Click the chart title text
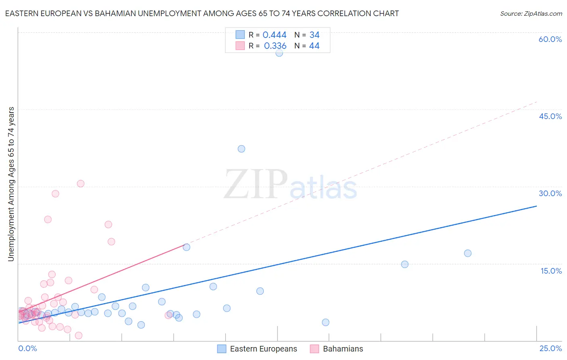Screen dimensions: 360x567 [x=202, y=13]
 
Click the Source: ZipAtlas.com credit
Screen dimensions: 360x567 [x=531, y=14]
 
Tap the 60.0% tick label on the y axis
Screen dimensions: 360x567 [x=550, y=39]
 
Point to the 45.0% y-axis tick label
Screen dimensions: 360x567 [x=550, y=116]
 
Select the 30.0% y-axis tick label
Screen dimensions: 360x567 [x=550, y=193]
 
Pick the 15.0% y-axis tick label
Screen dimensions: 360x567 [x=551, y=271]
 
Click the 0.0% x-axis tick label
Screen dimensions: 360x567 [x=27, y=348]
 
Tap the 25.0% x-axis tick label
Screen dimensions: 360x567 [x=550, y=348]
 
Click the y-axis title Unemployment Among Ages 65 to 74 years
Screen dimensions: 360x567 [x=11, y=184]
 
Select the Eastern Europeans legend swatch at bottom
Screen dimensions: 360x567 [x=222, y=349]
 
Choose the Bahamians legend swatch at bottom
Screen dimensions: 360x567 [x=315, y=349]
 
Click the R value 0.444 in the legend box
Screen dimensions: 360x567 [x=274, y=35]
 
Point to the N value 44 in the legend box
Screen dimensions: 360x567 [x=314, y=46]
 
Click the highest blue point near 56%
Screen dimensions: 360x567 [x=279, y=52]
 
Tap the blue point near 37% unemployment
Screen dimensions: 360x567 [x=242, y=149]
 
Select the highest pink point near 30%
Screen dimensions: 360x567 [x=81, y=184]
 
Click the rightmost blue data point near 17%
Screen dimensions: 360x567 [x=468, y=253]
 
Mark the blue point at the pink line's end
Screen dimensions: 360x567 [x=186, y=247]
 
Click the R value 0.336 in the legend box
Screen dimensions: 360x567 [x=275, y=46]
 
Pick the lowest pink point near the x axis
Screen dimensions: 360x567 [x=79, y=335]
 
